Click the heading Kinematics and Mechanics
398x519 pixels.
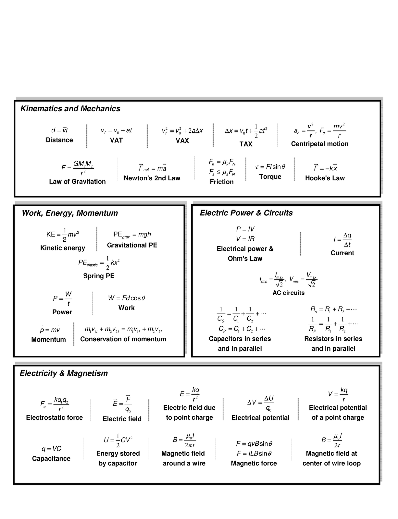[x=70, y=109]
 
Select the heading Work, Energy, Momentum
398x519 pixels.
[x=70, y=213]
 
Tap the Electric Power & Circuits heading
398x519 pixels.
[x=246, y=213]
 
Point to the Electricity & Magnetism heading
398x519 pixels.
[x=64, y=373]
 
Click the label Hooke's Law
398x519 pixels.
[x=325, y=178]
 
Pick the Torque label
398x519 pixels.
[x=270, y=176]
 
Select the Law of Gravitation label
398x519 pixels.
[x=77, y=182]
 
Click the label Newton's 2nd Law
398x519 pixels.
[x=152, y=178]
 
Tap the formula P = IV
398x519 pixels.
[x=245, y=229]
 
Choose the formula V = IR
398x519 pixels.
[x=245, y=239]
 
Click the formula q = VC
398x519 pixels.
[x=51, y=449]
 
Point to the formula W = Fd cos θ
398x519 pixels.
[x=127, y=298]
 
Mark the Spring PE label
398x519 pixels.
[x=99, y=276]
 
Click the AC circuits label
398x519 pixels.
[x=288, y=293]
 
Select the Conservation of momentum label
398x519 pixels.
[x=123, y=339]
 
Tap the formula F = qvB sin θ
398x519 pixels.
[x=254, y=443]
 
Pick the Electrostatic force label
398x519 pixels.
[x=55, y=418]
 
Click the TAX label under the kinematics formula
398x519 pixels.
[x=246, y=144]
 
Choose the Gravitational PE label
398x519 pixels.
[x=132, y=245]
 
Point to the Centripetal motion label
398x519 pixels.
[x=320, y=144]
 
